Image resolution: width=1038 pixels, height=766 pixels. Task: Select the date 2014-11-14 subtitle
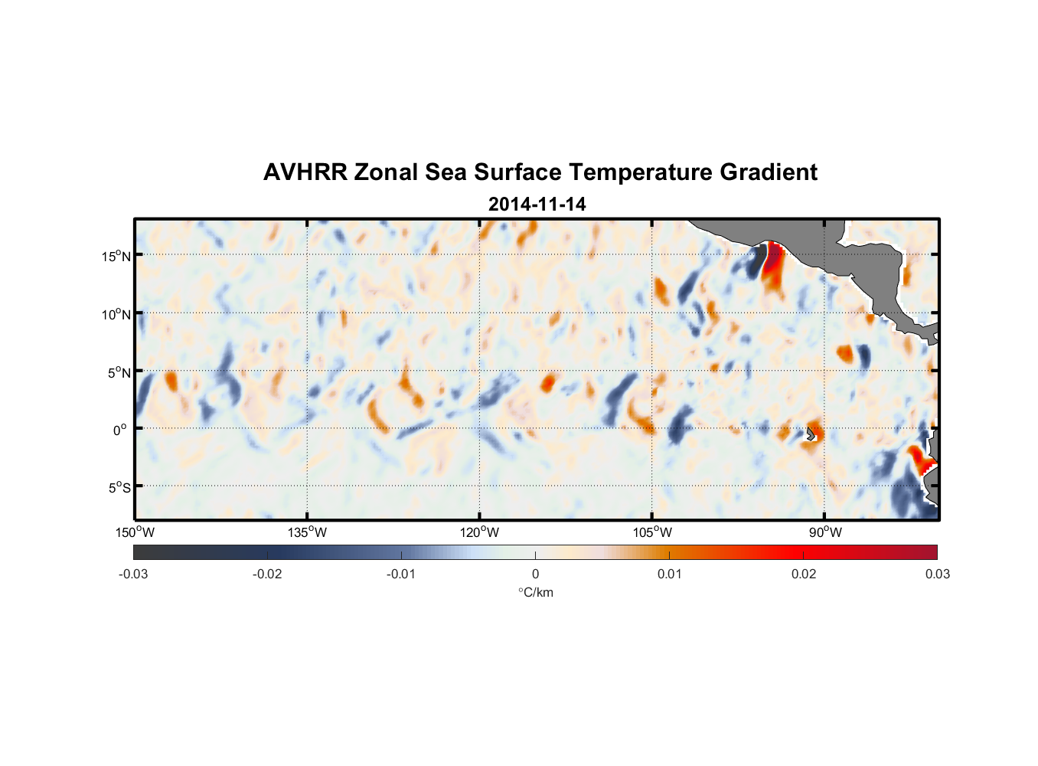pos(537,205)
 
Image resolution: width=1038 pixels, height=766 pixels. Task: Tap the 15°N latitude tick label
pos(116,256)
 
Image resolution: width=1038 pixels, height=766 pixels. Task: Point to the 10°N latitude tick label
pos(116,314)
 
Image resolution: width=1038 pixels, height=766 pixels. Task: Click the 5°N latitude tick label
pos(119,372)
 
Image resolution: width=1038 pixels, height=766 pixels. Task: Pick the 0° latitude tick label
pos(120,430)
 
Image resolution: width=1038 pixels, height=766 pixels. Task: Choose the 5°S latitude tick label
pos(119,488)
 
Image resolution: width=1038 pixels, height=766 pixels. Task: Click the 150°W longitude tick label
pos(135,532)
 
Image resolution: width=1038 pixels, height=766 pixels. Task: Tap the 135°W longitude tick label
pos(308,532)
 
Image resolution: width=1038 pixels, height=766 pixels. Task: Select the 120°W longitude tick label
pos(480,532)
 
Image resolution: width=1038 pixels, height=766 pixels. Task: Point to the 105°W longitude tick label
pos(652,532)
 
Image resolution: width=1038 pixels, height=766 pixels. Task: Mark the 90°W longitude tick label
pos(825,532)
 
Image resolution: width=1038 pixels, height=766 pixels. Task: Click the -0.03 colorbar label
pos(133,574)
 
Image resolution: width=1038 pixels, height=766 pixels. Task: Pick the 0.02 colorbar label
pos(804,574)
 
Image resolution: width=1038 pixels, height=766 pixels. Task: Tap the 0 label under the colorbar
pos(535,574)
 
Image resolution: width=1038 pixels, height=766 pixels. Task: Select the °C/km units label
pos(536,592)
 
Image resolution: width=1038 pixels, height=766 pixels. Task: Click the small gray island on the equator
pos(811,434)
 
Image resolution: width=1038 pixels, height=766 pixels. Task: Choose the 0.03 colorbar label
pos(937,574)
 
